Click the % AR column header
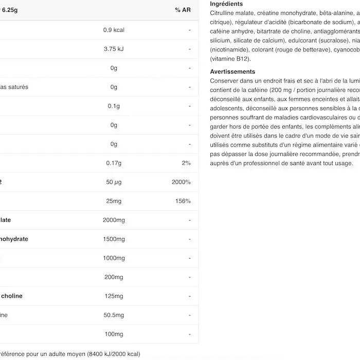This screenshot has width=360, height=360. (x=183, y=10)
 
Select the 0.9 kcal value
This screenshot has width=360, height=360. (x=114, y=30)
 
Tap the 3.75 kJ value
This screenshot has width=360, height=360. (x=114, y=49)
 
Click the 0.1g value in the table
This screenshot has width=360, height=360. (x=114, y=106)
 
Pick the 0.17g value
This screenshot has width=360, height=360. (x=114, y=163)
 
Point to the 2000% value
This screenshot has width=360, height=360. (x=181, y=182)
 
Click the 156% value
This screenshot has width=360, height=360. (x=183, y=201)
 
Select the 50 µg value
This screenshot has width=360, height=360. (x=114, y=182)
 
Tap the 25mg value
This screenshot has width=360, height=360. (x=114, y=201)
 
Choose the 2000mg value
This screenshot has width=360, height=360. (x=114, y=220)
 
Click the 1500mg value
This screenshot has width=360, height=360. (x=114, y=239)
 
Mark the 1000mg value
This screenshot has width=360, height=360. (x=114, y=258)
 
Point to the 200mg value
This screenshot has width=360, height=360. (x=114, y=277)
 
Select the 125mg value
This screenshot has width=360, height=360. (x=114, y=296)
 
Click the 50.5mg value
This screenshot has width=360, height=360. (x=114, y=315)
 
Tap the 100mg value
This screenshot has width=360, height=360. (x=114, y=334)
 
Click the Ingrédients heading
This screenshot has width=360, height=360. (x=226, y=4)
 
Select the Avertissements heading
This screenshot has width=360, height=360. (x=232, y=72)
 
